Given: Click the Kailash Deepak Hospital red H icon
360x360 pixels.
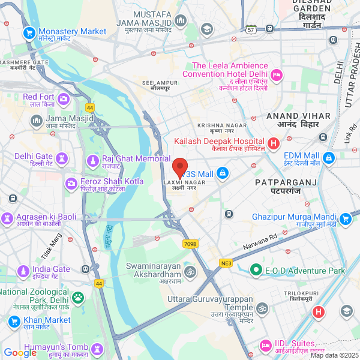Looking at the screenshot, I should (274, 143).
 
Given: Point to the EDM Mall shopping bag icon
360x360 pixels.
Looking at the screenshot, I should (328, 158).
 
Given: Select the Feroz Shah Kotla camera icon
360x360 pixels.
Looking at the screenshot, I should (71, 182).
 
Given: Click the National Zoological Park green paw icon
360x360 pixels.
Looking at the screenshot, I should (78, 296).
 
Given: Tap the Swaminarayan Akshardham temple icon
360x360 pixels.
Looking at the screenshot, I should (190, 271).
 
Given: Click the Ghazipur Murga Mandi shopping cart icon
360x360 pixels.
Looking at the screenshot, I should (344, 219).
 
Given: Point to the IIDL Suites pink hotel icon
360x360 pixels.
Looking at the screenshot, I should (265, 346).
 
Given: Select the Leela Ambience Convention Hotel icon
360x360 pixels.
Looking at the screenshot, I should (277, 75).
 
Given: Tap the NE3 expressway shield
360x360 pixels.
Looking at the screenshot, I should (226, 263).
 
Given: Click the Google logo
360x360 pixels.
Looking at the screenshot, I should (20, 353).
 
